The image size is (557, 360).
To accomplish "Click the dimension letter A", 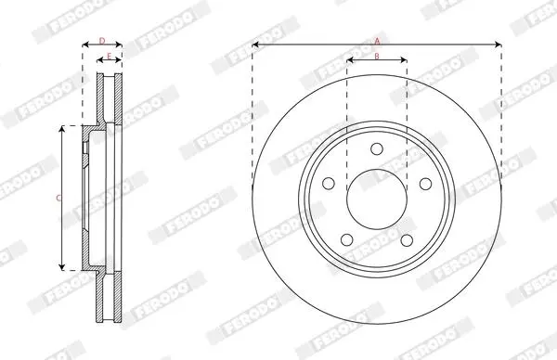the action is point(377,41).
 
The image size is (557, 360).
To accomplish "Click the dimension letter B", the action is point(377,56).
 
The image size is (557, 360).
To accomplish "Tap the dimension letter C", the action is point(58,199).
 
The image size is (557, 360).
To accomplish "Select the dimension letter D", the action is point(102,41).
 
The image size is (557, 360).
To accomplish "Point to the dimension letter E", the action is point(109,56).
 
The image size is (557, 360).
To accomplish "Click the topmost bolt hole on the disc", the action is point(377,148).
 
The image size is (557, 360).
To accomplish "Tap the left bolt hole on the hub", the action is point(329,183).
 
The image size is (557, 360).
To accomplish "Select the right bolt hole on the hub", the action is point(425,184).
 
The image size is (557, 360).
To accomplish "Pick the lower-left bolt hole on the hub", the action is point(346,239).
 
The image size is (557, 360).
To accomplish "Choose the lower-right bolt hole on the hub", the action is point(407,240).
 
